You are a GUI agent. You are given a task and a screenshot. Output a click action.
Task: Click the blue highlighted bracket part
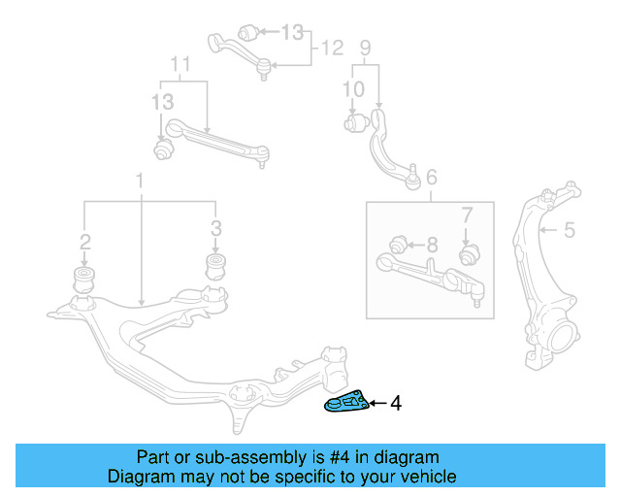[345, 402]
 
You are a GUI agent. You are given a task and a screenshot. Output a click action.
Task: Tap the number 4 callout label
[395, 403]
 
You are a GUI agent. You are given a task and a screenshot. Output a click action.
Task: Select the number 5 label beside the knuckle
[570, 230]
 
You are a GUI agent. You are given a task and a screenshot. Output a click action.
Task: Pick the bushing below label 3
[215, 267]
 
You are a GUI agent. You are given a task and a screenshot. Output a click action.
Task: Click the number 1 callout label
[141, 181]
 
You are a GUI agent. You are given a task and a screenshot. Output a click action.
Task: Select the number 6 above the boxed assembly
[431, 177]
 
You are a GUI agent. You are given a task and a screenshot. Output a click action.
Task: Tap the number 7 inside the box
[466, 215]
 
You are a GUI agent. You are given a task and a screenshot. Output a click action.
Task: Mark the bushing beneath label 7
[467, 254]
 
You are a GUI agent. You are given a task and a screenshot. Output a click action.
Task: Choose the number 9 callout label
[365, 46]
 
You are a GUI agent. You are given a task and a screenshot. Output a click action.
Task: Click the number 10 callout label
[353, 89]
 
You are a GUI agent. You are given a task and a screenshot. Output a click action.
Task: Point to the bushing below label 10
[355, 123]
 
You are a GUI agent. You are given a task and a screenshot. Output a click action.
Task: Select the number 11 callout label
[181, 65]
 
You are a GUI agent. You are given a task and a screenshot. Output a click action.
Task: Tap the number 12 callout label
[333, 47]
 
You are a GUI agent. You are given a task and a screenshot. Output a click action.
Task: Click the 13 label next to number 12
[292, 32]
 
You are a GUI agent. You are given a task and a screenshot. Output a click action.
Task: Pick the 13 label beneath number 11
[162, 102]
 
